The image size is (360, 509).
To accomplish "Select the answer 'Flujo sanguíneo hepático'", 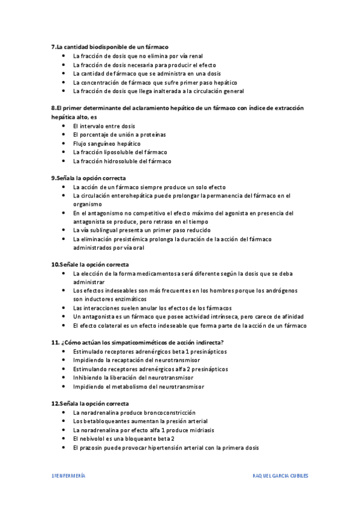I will tap(107, 143).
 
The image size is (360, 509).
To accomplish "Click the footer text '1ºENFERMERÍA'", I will tap(68, 475).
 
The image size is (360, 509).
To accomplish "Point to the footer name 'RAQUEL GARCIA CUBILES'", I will tap(281, 475).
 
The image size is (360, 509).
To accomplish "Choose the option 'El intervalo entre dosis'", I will tap(104, 126).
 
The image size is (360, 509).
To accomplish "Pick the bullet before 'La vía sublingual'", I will tap(64, 230).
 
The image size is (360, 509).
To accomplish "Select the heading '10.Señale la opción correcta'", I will tap(90, 264).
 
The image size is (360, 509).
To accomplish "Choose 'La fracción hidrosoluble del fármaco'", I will tap(122, 161).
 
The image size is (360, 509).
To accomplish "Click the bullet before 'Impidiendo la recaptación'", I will tap(64, 360).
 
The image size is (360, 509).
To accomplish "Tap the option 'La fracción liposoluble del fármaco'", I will tap(120, 152).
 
